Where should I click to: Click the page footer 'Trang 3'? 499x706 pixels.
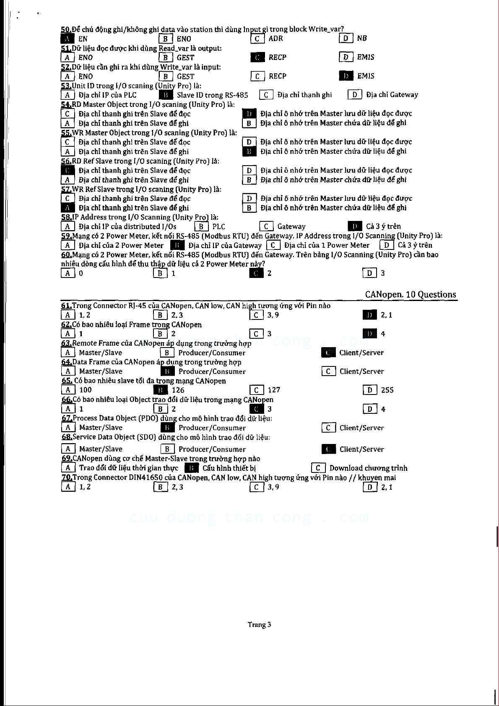point(259,625)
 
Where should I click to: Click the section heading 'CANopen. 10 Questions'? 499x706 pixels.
point(410,294)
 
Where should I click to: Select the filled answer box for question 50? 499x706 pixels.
point(68,39)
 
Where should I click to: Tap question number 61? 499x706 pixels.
point(66,306)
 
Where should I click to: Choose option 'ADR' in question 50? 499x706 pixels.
point(275,39)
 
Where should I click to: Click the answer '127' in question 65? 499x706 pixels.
point(274,390)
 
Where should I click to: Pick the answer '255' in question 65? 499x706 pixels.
point(387,390)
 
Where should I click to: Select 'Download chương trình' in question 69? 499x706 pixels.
point(368,468)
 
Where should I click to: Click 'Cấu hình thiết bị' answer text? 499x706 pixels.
point(229,468)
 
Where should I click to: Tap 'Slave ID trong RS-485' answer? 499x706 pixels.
point(212,95)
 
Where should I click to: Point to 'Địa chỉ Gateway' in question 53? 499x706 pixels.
point(392,95)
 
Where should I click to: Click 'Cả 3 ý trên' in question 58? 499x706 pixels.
point(383,226)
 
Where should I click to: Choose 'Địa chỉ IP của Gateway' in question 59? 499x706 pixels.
point(225,245)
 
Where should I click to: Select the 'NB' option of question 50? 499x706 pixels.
point(362,39)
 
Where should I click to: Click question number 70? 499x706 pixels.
point(67,477)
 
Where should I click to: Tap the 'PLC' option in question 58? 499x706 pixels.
point(218,226)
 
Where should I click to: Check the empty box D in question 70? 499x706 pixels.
point(369,487)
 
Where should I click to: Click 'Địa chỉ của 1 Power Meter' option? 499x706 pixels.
point(327,245)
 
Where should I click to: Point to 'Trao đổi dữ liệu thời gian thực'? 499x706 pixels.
point(128,468)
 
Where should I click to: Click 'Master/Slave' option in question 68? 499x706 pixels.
point(101,449)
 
